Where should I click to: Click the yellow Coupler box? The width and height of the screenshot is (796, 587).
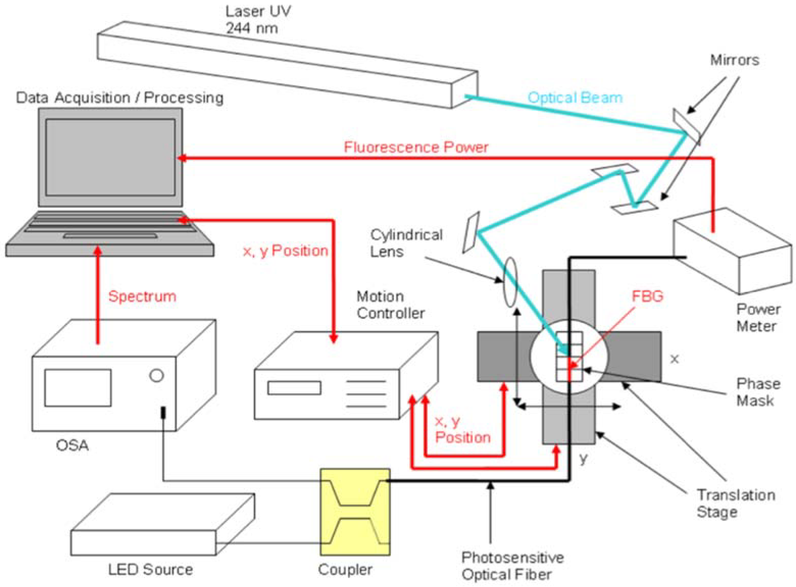coord(355,512)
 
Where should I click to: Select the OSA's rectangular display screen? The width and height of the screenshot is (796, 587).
coord(78,388)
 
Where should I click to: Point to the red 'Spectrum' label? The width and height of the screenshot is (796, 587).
coord(142,296)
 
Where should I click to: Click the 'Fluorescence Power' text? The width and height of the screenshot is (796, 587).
coord(416,147)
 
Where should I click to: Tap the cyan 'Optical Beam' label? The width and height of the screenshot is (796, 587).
coord(575,97)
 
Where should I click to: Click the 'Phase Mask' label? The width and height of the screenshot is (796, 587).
coord(758,392)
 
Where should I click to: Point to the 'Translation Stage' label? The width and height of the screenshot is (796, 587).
coord(736,503)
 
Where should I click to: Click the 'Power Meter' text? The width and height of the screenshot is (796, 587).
coord(758,318)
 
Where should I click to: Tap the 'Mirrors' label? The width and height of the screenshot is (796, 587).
coord(734,60)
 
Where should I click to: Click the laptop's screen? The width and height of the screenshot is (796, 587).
coord(110,157)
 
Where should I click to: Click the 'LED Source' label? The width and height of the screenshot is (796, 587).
coord(150,570)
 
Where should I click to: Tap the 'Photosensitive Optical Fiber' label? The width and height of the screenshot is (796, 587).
coord(512,566)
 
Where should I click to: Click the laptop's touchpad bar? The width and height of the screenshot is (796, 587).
coord(110,236)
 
